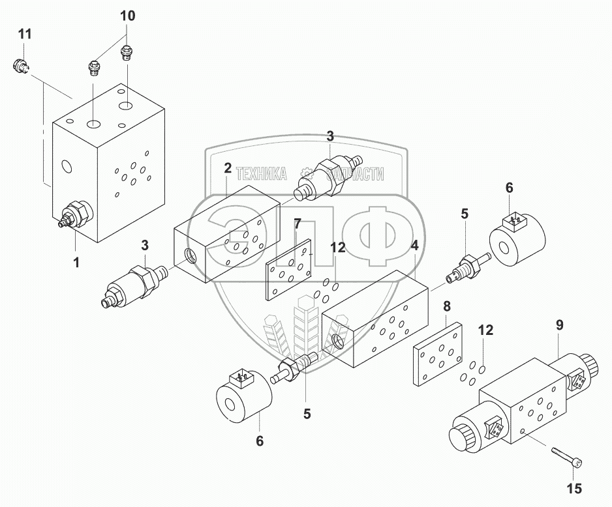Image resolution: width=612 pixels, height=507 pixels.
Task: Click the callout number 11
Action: [23, 35]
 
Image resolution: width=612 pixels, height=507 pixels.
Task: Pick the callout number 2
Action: [228, 167]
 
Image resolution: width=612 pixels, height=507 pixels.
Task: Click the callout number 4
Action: [414, 246]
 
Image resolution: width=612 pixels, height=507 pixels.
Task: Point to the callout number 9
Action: [559, 325]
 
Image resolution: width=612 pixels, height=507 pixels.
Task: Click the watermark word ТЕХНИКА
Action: [261, 174]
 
